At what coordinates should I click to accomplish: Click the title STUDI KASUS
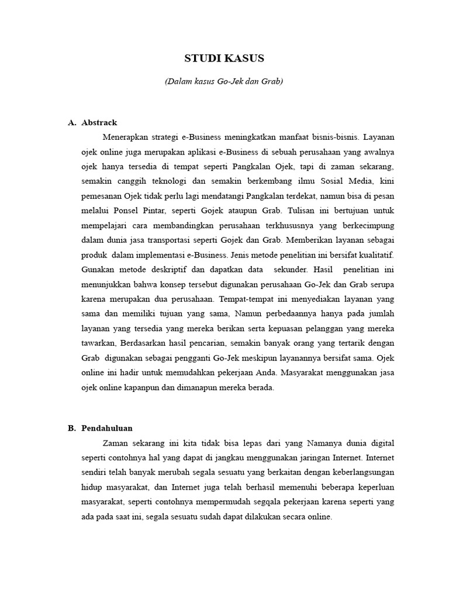click(x=224, y=58)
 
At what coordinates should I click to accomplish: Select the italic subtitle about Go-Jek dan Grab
click(x=224, y=81)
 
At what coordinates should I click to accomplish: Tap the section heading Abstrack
click(x=99, y=123)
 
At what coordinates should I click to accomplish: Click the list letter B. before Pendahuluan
click(x=72, y=428)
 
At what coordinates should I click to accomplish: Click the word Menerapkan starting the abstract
click(x=125, y=137)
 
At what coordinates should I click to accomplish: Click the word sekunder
click(x=291, y=269)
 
